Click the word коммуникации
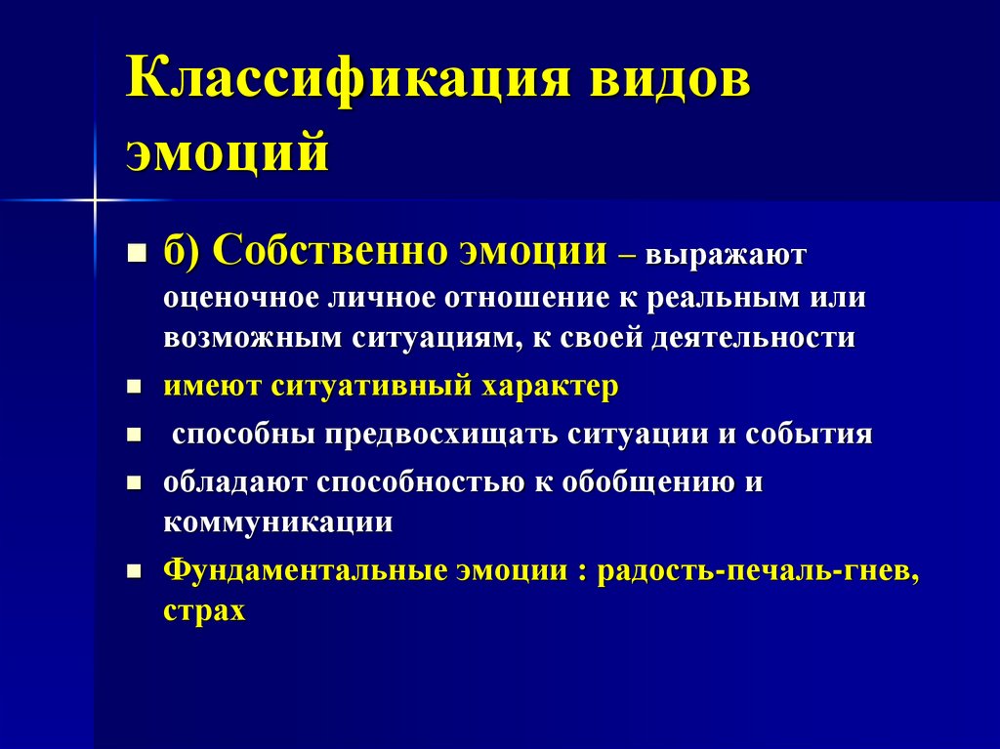click(278, 522)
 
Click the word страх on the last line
click(204, 611)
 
